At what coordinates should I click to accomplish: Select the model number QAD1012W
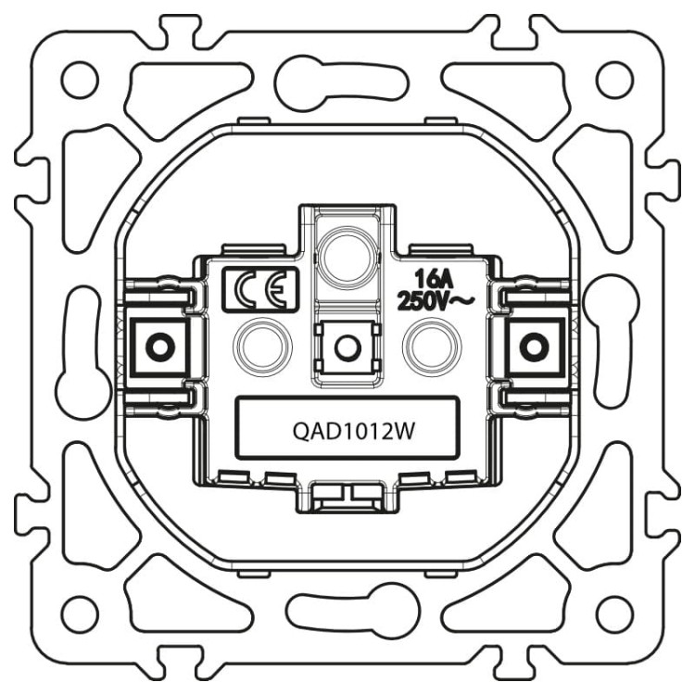coord(347,429)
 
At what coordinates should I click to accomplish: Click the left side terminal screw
coord(159,347)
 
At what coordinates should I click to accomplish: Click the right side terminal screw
coord(533,347)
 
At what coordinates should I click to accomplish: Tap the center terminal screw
coord(347,347)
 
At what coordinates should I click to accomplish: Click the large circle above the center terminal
coord(347,252)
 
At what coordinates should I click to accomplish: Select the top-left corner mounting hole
coord(82,80)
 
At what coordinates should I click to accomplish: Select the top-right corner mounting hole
coord(613,80)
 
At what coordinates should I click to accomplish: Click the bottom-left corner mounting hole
coord(82,613)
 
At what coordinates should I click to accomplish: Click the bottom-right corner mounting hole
coord(613,613)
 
